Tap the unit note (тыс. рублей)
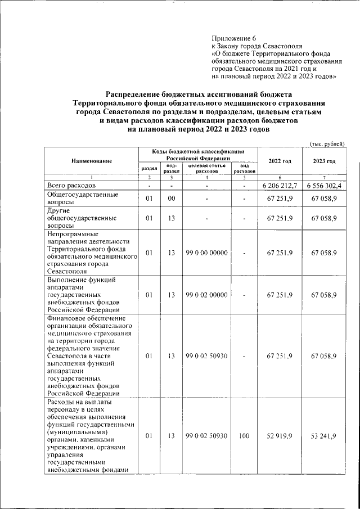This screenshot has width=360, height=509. (x=327, y=143)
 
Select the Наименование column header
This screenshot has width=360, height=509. (x=92, y=161)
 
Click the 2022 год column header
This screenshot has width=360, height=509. (x=280, y=161)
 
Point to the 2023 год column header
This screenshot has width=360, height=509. (x=324, y=161)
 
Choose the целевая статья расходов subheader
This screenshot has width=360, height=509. (x=206, y=169)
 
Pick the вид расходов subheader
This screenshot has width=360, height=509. (x=245, y=169)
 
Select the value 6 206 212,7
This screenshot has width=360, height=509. (x=280, y=185)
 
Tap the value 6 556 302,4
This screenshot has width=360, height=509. (x=324, y=185)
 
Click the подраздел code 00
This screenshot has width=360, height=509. (x=172, y=198)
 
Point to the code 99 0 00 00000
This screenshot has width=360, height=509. (x=206, y=253)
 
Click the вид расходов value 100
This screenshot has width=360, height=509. (x=245, y=435)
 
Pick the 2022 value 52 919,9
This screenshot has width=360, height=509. (x=280, y=435)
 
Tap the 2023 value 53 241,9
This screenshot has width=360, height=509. (x=324, y=435)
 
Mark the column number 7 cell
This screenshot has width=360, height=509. (x=324, y=177)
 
